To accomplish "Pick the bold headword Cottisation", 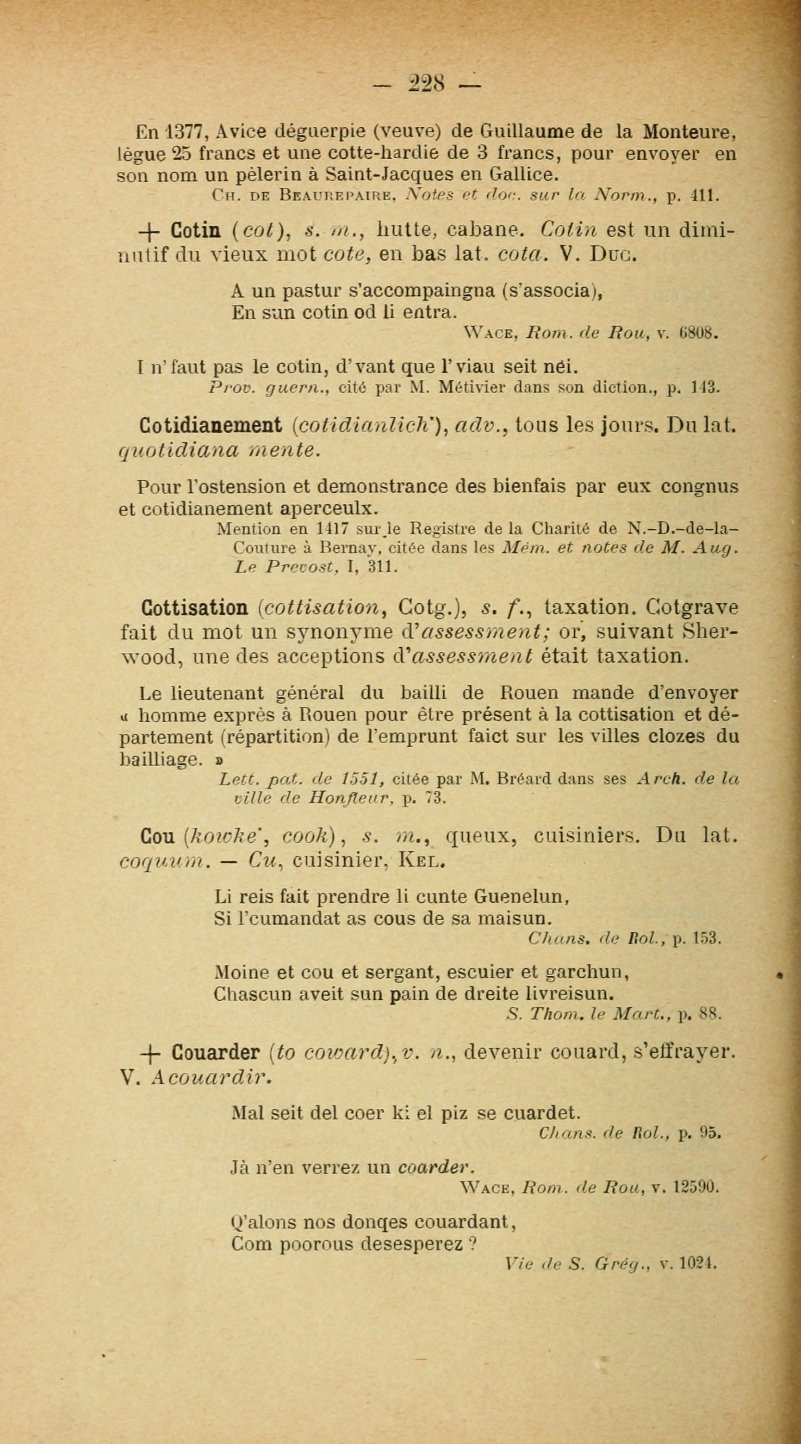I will coord(196,607).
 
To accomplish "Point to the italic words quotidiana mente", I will coord(219,451).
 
